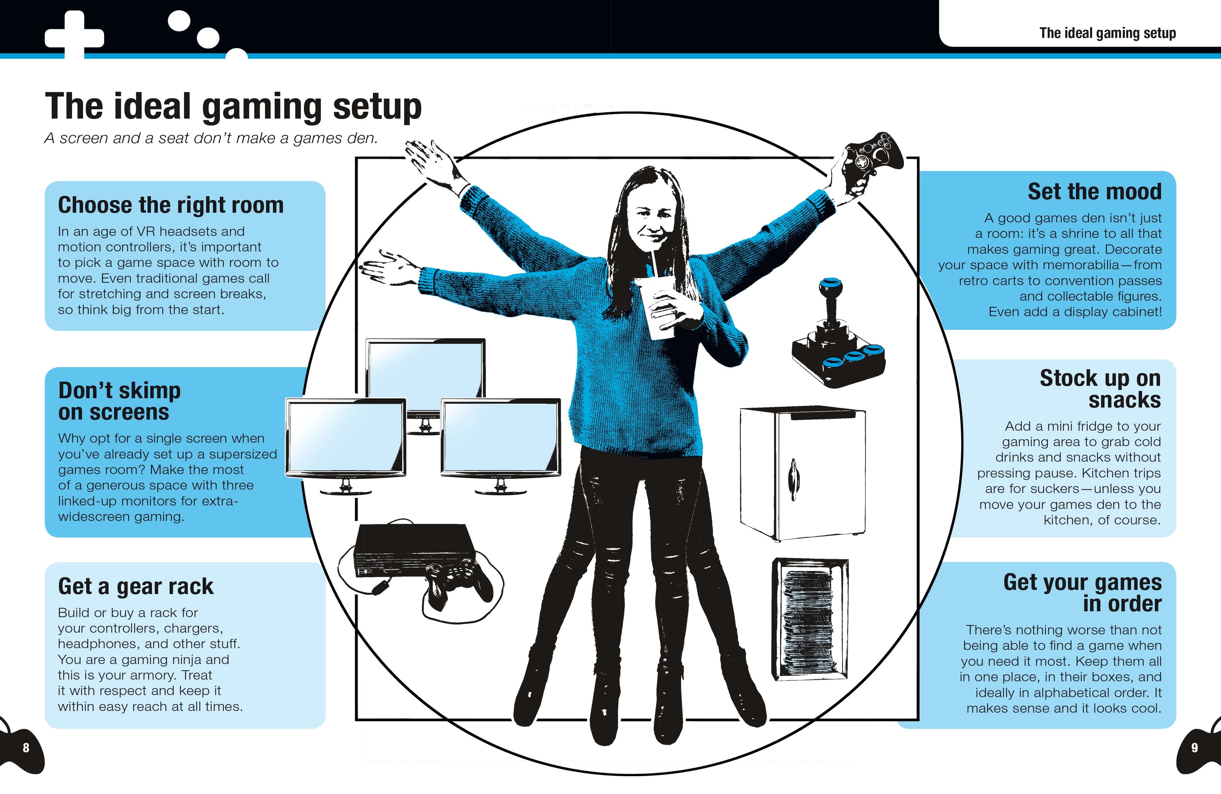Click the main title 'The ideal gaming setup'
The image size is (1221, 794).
point(233,107)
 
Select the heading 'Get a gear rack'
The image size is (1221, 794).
point(135,586)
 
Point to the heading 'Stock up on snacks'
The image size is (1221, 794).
point(1100,389)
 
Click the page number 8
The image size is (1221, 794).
point(26,748)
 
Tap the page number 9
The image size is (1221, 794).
point(1194,748)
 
